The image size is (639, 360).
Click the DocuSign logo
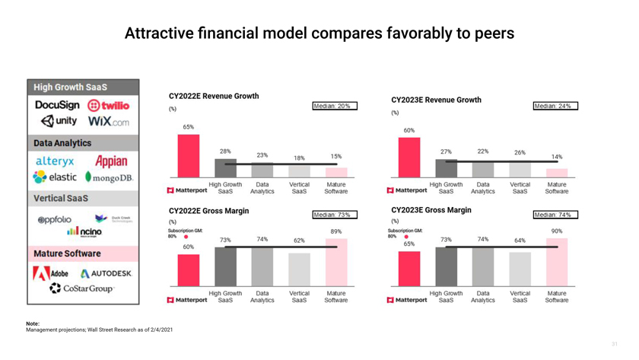(x=57, y=105)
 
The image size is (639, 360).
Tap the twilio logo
(x=108, y=106)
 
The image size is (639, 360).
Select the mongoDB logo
(x=110, y=177)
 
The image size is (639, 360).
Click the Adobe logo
(x=51, y=272)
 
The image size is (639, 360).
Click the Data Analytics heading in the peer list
(x=62, y=143)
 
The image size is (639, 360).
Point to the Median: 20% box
(x=332, y=107)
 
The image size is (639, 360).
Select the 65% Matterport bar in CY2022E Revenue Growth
(x=188, y=156)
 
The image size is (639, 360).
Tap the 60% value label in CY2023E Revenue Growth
(x=409, y=131)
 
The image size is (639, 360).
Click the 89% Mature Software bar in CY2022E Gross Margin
(x=335, y=263)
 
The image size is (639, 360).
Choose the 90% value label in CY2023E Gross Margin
(x=557, y=231)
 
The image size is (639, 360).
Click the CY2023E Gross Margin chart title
(x=431, y=210)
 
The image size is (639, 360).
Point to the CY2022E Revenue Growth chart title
(x=214, y=96)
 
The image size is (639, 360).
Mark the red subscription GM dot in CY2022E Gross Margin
(x=186, y=237)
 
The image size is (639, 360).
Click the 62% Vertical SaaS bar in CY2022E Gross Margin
(x=299, y=269)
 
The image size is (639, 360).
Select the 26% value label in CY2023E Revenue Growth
(x=520, y=152)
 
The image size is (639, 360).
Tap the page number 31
(x=615, y=344)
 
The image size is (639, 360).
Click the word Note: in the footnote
(x=33, y=323)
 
